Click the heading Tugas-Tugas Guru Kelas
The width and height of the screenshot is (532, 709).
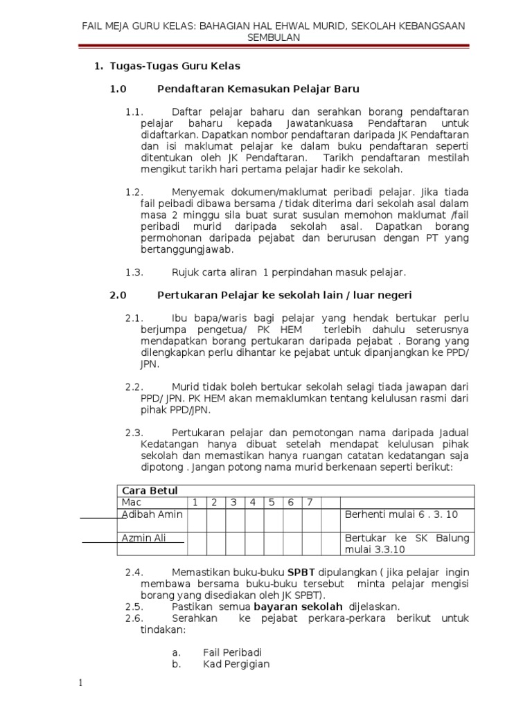(173, 66)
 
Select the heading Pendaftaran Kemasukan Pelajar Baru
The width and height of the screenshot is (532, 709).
(258, 89)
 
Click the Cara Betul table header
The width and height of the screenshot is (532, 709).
(146, 490)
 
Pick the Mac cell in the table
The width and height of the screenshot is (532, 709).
(132, 502)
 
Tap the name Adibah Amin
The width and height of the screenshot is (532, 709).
(150, 516)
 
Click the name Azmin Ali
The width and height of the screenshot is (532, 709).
(144, 538)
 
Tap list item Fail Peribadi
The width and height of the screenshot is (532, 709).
(232, 652)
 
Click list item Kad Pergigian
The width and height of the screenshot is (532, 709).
(236, 664)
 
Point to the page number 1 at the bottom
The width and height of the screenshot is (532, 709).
(80, 683)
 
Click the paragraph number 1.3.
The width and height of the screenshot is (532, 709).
(134, 272)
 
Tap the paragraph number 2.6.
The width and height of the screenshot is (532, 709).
(134, 618)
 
